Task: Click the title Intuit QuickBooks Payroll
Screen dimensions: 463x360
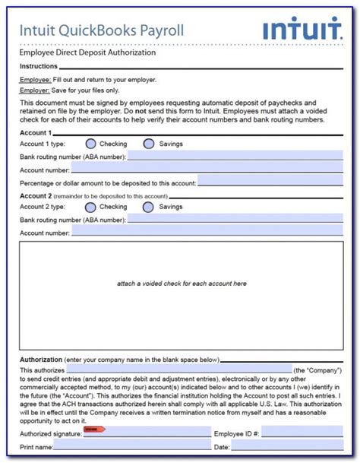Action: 101,31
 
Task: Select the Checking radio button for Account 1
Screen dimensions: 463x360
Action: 91,144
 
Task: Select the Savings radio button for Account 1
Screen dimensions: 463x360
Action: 149,144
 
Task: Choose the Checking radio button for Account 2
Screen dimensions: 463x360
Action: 91,207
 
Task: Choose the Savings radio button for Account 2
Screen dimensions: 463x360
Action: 149,207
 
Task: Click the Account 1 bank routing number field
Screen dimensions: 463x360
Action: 235,157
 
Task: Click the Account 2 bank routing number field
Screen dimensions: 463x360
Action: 235,220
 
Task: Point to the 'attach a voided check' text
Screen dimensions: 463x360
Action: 182,284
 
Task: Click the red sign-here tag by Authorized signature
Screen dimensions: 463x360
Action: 93,430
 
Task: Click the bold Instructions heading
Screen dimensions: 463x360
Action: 39,66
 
